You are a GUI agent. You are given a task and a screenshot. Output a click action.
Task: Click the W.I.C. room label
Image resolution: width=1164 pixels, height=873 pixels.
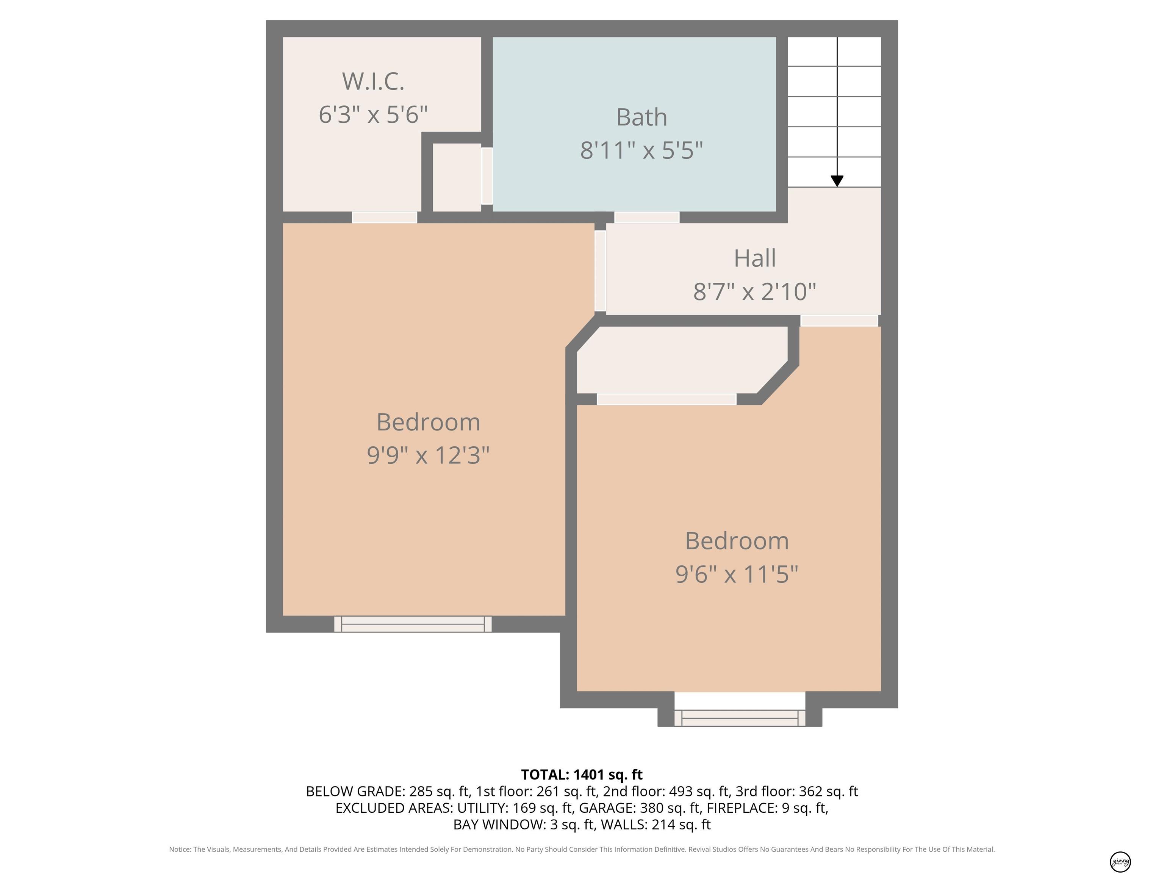[x=373, y=81]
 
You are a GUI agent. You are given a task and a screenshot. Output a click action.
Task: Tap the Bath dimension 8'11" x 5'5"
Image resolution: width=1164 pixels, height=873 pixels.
[x=641, y=150]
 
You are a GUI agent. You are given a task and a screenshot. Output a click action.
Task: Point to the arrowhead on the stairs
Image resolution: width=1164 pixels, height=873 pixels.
[x=837, y=181]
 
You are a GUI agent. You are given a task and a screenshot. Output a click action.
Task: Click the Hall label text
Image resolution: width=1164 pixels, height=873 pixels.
[x=755, y=258]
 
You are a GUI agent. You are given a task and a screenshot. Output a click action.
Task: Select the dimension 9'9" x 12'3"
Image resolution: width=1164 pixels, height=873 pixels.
[x=428, y=455]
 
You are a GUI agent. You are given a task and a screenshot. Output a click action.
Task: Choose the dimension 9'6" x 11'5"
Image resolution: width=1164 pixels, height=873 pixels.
[x=737, y=574]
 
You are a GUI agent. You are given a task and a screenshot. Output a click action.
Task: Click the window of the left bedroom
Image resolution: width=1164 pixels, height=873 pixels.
[x=413, y=624]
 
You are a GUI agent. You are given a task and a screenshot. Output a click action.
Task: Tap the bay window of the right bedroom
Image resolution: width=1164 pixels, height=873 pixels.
[x=740, y=718]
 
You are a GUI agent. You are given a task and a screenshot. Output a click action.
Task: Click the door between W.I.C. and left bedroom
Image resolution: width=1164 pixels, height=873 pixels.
[x=385, y=217]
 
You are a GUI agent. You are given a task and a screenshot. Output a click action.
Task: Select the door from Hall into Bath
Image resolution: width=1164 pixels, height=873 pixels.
[x=647, y=217]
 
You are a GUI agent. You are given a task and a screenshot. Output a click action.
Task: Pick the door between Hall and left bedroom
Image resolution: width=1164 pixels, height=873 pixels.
[x=600, y=271]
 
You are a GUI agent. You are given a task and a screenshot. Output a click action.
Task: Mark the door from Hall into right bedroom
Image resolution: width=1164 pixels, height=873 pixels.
[x=839, y=321]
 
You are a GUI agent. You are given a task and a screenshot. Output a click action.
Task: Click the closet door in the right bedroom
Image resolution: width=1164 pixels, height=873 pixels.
[x=666, y=399]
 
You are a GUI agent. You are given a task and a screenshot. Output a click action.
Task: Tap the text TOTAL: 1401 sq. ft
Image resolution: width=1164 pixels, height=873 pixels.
[x=582, y=774]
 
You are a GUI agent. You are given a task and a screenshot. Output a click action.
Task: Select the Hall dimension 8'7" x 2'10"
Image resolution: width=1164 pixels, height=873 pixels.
[x=755, y=291]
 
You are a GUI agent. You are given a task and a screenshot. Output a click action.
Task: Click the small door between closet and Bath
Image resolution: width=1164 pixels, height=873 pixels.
[x=487, y=176]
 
